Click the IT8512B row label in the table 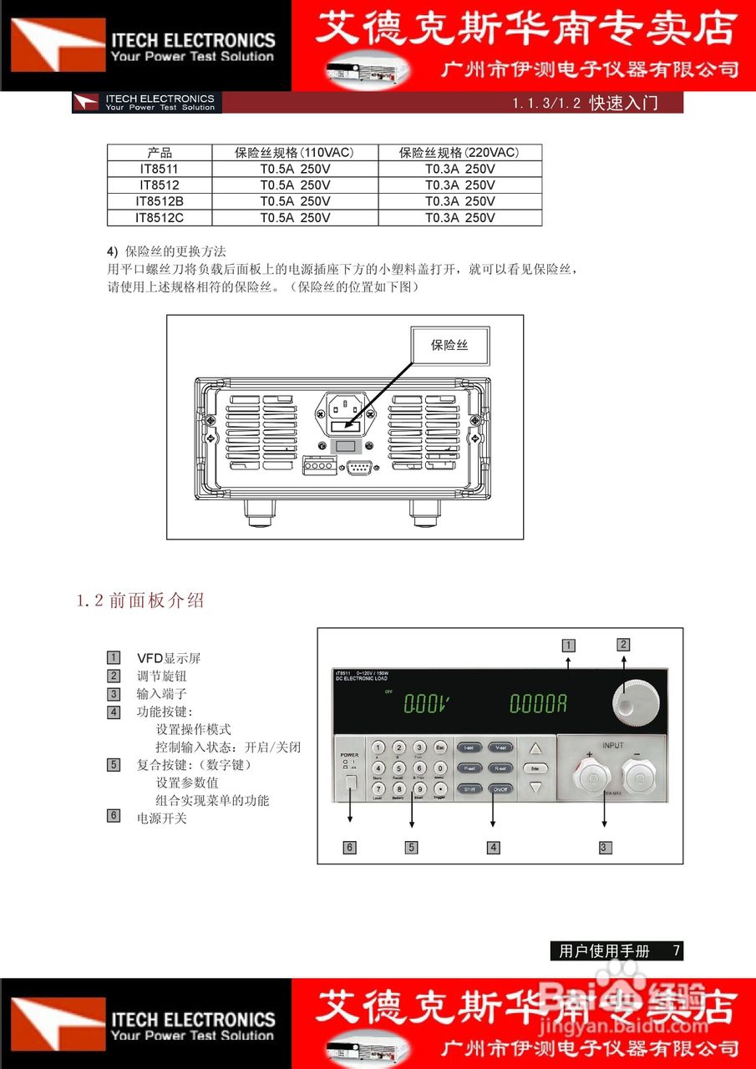(x=160, y=201)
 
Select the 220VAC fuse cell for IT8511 (x=459, y=169)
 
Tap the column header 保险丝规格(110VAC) (x=294, y=153)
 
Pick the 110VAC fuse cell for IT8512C (x=294, y=218)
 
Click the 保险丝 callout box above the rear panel (x=449, y=345)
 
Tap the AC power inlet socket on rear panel (x=344, y=408)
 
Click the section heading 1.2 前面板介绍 (x=140, y=600)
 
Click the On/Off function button (x=500, y=788)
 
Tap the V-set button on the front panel (x=500, y=747)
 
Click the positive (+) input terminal (x=592, y=779)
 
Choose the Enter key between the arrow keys (x=535, y=768)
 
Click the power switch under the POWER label (x=350, y=783)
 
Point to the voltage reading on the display (x=427, y=704)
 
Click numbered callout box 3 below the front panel (x=605, y=847)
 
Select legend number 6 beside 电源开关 (x=114, y=816)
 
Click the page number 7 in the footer (x=676, y=950)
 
